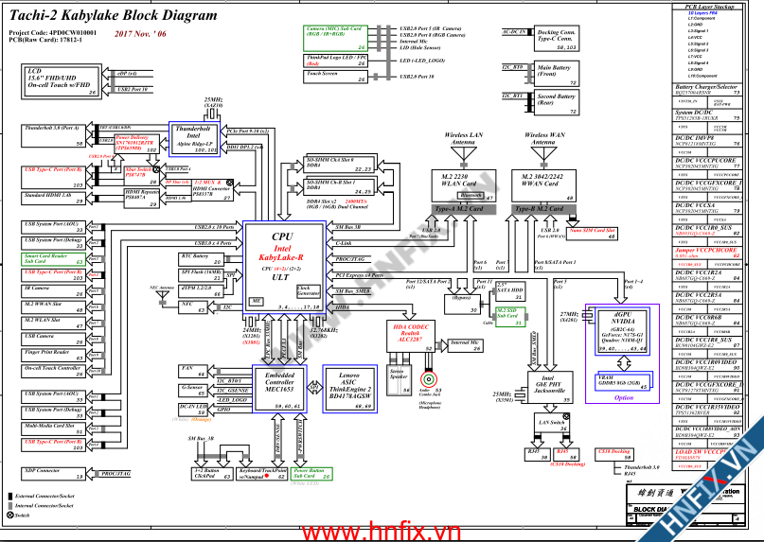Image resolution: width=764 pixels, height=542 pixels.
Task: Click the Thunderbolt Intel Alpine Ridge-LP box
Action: [x=194, y=138]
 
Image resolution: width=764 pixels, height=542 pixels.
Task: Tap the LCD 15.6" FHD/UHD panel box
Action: [x=62, y=81]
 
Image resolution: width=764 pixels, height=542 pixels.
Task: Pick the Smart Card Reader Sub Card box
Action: [x=53, y=258]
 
